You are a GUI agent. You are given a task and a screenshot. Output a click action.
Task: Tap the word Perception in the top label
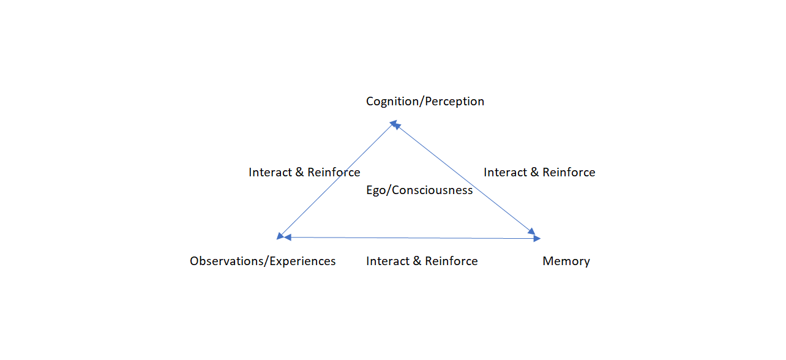click(x=454, y=102)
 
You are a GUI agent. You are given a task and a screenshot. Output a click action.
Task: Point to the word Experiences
click(x=303, y=261)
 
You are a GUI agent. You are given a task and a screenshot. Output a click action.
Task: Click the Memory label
click(x=566, y=261)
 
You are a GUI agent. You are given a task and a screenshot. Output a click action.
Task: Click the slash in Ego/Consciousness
click(x=389, y=190)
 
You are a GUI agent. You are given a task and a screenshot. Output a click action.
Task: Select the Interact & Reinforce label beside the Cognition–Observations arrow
click(x=304, y=173)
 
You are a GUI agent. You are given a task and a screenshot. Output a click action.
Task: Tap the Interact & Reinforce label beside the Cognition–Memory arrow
click(x=539, y=173)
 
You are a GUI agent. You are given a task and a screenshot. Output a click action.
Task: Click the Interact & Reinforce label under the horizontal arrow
click(x=422, y=261)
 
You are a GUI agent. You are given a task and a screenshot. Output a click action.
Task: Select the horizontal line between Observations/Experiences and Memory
click(x=410, y=238)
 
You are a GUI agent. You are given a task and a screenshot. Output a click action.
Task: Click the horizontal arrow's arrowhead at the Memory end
click(x=536, y=238)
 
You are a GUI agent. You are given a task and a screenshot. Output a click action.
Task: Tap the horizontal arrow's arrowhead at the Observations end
click(x=286, y=237)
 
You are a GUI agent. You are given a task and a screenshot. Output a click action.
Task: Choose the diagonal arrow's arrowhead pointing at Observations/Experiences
click(x=280, y=235)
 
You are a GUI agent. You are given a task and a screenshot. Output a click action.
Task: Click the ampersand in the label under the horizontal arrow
click(x=416, y=261)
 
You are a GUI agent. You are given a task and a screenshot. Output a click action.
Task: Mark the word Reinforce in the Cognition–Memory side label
click(x=569, y=173)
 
